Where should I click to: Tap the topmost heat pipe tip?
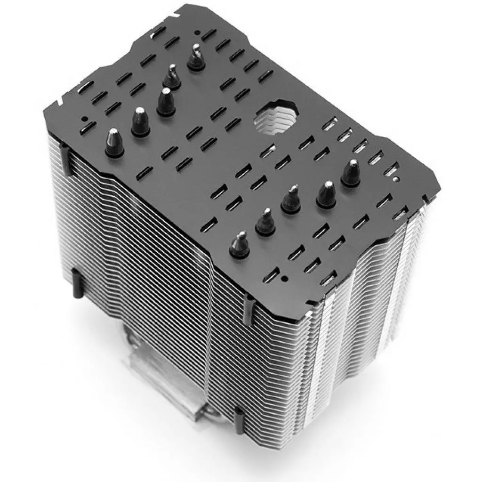point(196,58)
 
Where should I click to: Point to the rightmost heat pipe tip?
point(351,173)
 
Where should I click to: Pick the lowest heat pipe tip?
point(240,244)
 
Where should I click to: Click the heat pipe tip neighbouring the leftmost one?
point(140,122)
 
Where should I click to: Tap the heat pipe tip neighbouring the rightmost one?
point(327,194)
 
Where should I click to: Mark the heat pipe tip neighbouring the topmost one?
point(172,77)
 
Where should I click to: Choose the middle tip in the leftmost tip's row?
point(166,102)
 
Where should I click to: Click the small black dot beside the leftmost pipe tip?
point(84,119)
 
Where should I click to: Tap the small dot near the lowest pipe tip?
point(284,279)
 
